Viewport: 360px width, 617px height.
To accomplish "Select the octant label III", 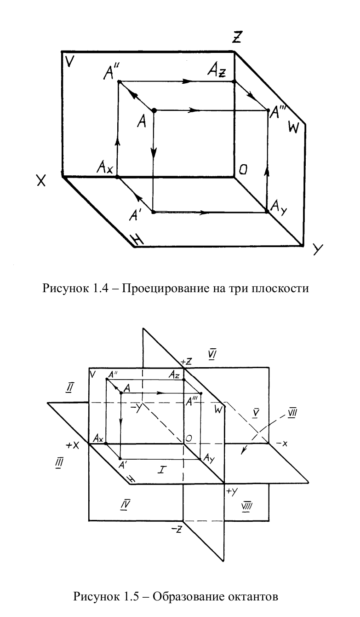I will tap(59, 462).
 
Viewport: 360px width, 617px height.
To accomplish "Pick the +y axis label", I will tap(231, 491).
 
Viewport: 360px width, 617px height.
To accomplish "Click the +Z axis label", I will tap(186, 362).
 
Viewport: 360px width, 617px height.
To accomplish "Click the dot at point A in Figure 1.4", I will tap(154, 110).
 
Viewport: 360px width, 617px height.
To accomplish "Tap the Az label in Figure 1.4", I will tap(216, 71).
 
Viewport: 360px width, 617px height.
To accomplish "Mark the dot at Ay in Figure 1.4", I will tap(267, 212).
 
